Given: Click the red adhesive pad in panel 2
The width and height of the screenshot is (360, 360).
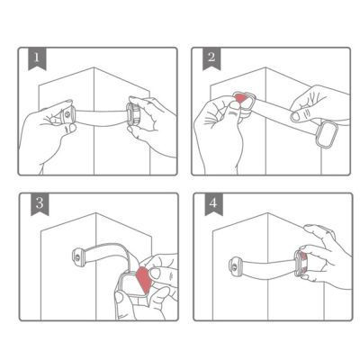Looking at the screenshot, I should [241, 98].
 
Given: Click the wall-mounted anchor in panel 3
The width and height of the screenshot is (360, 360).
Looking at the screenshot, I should [76, 258].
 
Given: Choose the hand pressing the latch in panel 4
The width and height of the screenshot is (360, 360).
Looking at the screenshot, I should [325, 261].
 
